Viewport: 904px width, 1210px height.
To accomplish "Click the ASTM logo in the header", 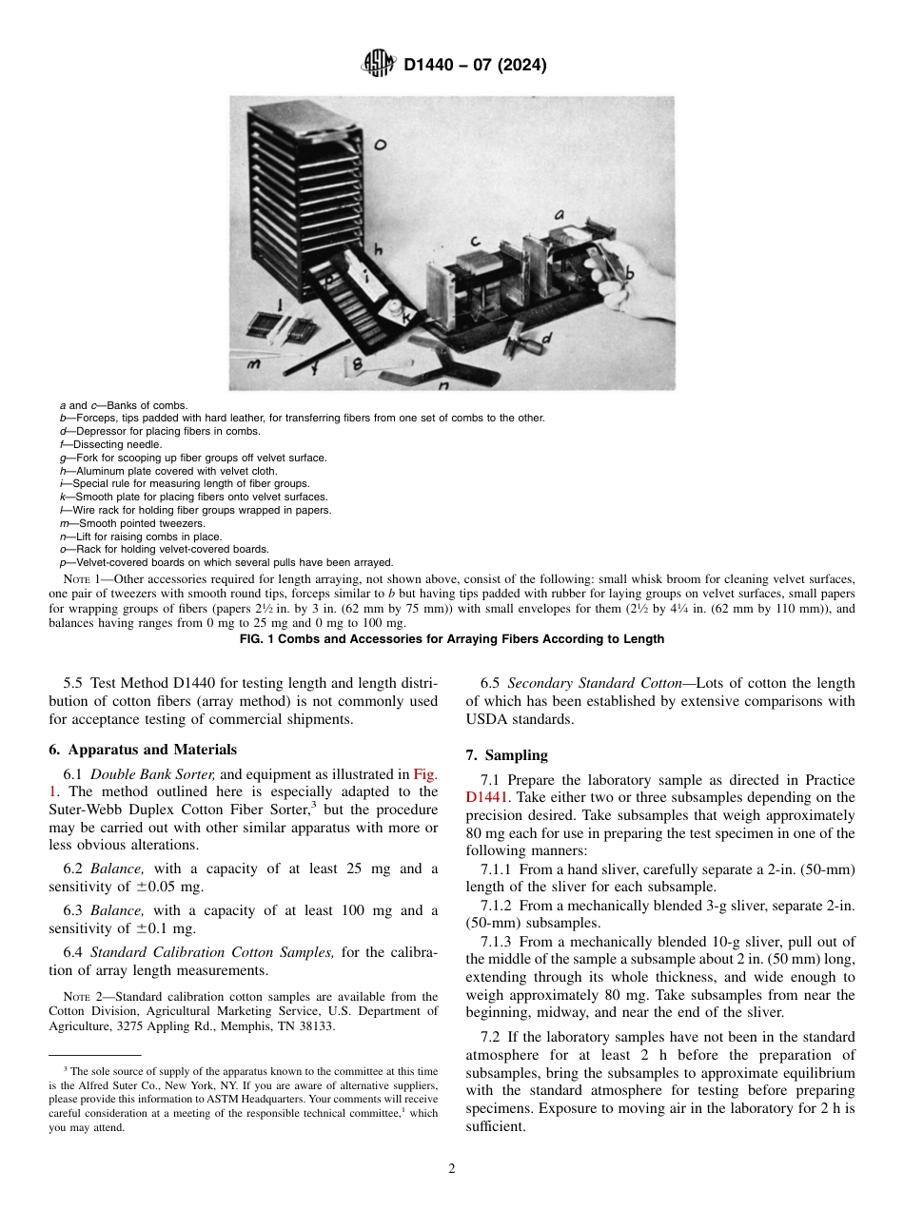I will [378, 65].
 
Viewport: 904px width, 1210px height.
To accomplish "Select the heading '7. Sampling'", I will [506, 755].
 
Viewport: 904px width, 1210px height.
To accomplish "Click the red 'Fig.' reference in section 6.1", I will [424, 774].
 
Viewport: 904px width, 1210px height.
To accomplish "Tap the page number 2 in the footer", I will [452, 1168].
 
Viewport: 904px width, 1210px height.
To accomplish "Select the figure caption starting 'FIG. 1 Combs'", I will [451, 638].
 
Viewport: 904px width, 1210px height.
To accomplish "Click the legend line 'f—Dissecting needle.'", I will [110, 444].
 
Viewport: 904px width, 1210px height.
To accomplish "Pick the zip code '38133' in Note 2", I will [317, 1027].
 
